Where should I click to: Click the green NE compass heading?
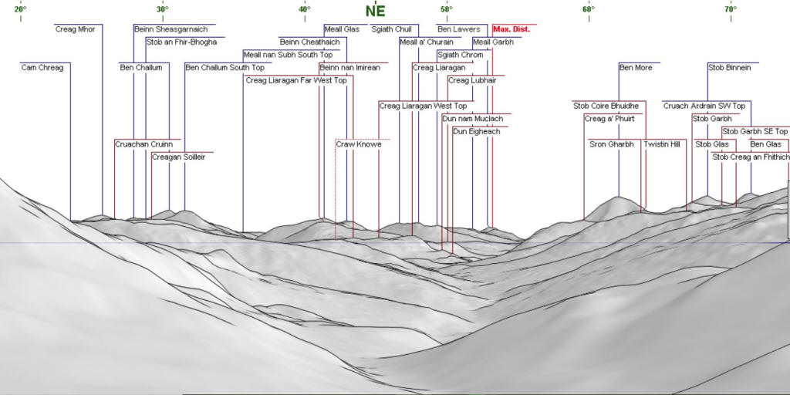(x=375, y=11)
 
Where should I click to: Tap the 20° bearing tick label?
(x=19, y=9)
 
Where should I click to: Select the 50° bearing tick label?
(x=447, y=9)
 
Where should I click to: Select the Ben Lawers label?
(x=458, y=29)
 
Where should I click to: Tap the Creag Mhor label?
(x=75, y=29)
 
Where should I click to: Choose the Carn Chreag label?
(x=42, y=68)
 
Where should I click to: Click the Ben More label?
(x=636, y=68)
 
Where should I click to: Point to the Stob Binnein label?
(x=729, y=68)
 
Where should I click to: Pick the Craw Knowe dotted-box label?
(x=358, y=144)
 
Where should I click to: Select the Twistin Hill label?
(x=662, y=144)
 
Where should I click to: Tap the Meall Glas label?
(x=342, y=29)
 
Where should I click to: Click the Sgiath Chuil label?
(x=392, y=29)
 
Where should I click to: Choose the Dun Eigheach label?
(x=476, y=132)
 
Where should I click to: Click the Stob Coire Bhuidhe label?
(x=606, y=106)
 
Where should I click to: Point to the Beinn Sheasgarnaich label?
(x=170, y=29)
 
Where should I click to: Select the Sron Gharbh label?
(x=612, y=144)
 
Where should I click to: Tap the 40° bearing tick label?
(x=305, y=9)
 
